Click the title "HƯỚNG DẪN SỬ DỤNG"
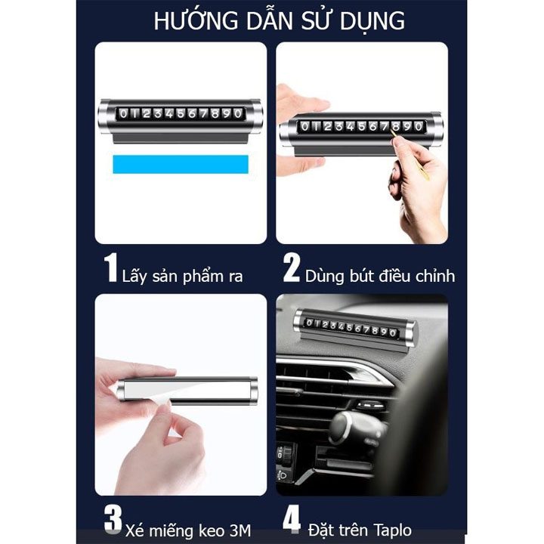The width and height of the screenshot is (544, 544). [279, 21]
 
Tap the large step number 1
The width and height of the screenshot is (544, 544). [110, 267]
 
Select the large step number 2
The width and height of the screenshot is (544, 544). [291, 267]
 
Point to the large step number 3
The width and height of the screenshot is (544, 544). [113, 519]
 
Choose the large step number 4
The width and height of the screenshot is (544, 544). [292, 519]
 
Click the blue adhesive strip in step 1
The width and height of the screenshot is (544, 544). [181, 164]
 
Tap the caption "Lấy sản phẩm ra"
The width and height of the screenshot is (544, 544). [183, 277]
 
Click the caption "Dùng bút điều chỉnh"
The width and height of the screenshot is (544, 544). [380, 277]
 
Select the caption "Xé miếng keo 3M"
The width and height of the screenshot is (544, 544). [188, 530]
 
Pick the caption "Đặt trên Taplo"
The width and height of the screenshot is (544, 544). [360, 530]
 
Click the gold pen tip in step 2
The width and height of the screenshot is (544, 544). [392, 132]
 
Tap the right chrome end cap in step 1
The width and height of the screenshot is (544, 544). [255, 117]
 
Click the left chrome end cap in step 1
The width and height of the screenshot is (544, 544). [105, 117]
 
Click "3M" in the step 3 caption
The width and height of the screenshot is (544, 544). [240, 530]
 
